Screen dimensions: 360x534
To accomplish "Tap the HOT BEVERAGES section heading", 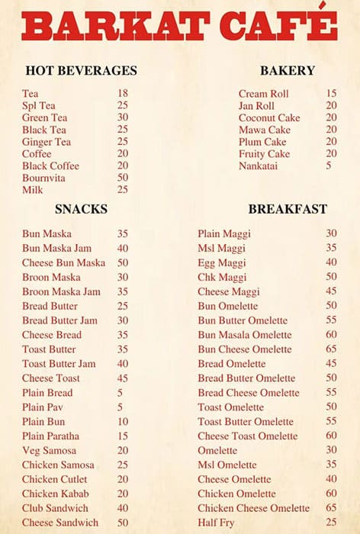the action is [81, 71].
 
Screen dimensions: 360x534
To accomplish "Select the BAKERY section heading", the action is [287, 71].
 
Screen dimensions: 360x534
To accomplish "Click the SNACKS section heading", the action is [81, 208].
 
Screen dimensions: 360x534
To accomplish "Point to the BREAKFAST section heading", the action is [287, 208].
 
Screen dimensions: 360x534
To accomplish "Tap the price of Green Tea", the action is [123, 117].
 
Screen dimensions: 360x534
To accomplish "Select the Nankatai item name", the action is [258, 166].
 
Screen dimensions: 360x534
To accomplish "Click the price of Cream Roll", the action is [331, 93].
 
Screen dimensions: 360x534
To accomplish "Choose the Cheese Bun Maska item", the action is [63, 262].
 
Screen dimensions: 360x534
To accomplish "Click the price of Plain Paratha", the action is [123, 436].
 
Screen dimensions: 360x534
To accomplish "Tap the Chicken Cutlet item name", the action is [55, 479].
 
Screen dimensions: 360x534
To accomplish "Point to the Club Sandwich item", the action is [54, 508].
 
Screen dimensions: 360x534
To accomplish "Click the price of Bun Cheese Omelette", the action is [331, 349].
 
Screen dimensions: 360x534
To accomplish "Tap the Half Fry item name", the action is [217, 522].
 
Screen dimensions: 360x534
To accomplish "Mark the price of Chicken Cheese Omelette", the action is [331, 508].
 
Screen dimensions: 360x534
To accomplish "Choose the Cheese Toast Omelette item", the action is [247, 436].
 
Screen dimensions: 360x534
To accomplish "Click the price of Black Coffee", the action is [123, 166].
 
